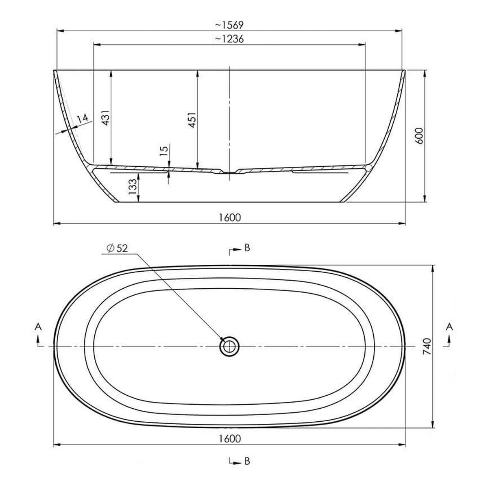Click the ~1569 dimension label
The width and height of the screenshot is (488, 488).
pyautogui.click(x=229, y=25)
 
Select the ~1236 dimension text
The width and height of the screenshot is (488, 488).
pyautogui.click(x=229, y=39)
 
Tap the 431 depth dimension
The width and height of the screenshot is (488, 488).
pyautogui.click(x=107, y=118)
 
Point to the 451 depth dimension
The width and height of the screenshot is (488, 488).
pyautogui.click(x=192, y=120)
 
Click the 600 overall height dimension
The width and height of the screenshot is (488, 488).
pyautogui.click(x=419, y=136)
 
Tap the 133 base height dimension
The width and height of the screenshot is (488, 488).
pyautogui.click(x=133, y=187)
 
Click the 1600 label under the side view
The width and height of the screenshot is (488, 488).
pyautogui.click(x=230, y=218)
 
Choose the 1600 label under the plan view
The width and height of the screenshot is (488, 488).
pyautogui.click(x=230, y=439)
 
